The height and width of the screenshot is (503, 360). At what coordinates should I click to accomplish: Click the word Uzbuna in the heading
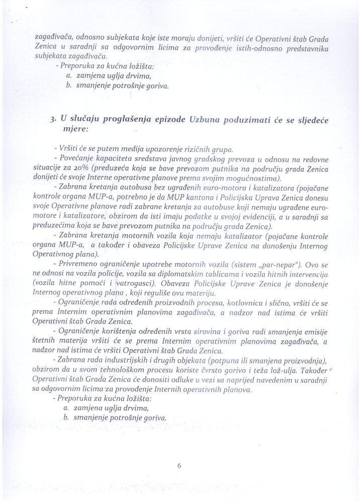coord(206,119)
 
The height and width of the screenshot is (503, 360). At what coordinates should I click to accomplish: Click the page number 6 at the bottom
coord(178,465)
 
